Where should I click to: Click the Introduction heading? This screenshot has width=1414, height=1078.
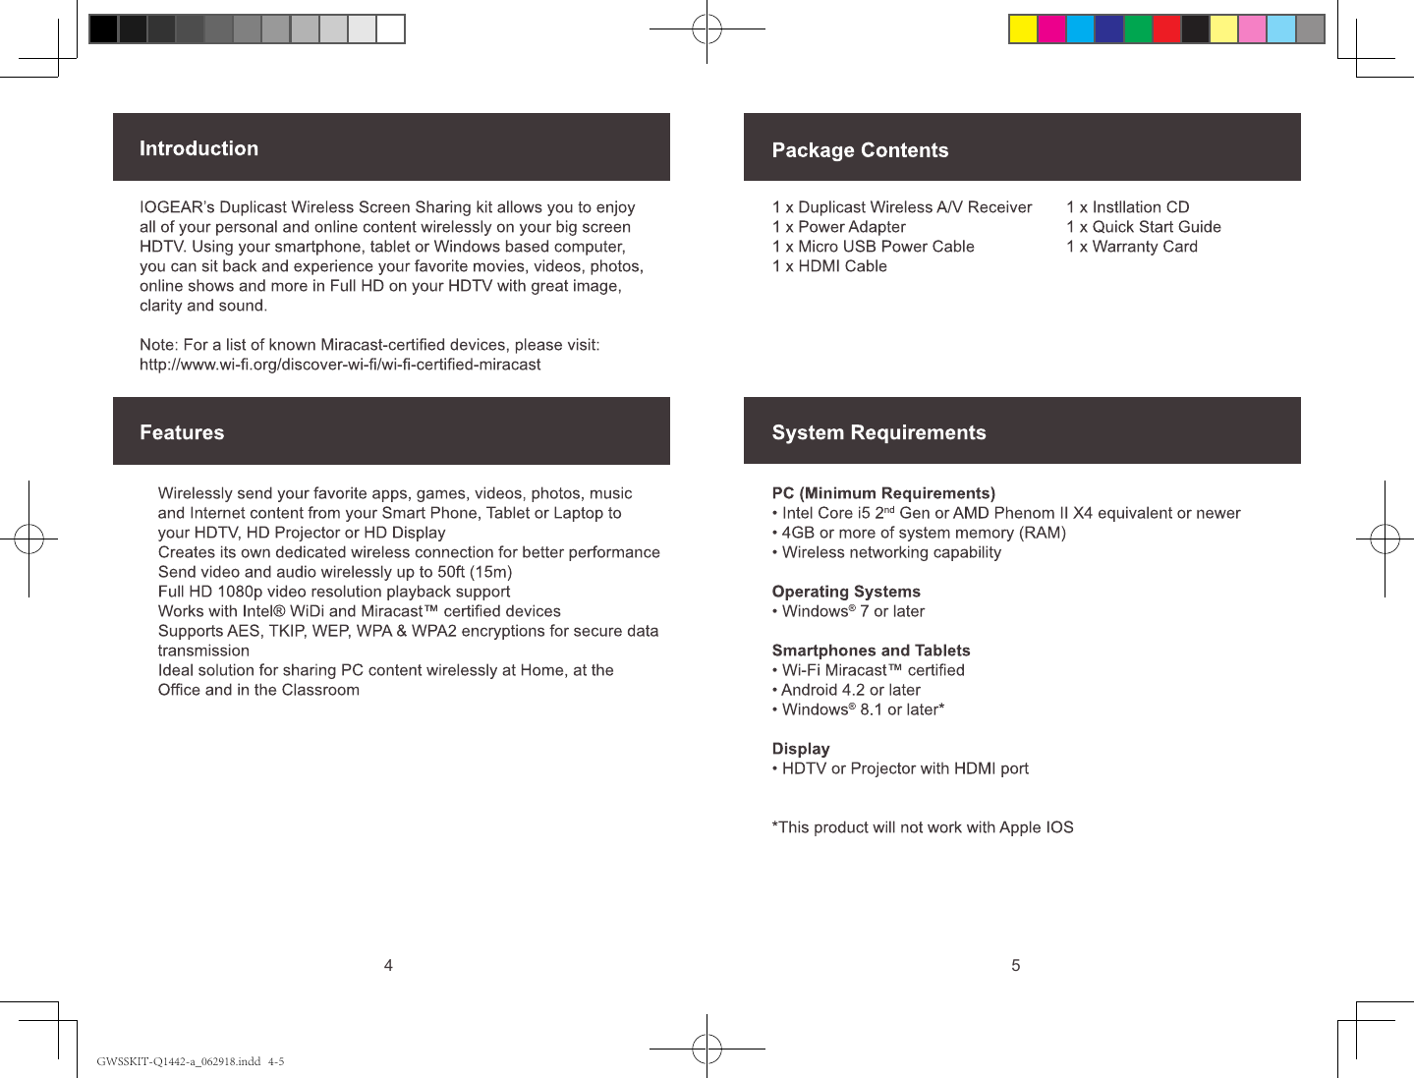(198, 148)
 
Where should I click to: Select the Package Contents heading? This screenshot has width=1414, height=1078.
(860, 150)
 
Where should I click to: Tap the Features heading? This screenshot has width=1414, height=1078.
(182, 432)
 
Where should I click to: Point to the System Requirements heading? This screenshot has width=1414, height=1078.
(878, 432)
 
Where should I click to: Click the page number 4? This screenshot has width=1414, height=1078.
(388, 965)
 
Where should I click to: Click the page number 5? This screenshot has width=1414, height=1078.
(1015, 965)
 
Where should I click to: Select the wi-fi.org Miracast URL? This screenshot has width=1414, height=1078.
(340, 365)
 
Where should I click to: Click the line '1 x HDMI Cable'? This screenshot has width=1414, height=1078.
(829, 266)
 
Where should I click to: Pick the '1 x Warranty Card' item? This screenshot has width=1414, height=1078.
(1132, 247)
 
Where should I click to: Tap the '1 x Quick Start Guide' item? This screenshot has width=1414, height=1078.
(1144, 227)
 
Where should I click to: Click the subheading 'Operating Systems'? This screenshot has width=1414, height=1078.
(846, 592)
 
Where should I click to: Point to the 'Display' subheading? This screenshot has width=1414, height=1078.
(801, 749)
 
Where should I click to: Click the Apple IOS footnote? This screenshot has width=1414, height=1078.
(923, 827)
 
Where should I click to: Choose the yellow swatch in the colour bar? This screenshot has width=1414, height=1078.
(1023, 29)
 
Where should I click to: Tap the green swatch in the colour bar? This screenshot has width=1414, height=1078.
(1138, 29)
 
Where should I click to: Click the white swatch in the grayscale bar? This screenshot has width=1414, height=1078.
(391, 29)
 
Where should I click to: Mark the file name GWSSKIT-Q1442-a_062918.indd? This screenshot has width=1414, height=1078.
(179, 1061)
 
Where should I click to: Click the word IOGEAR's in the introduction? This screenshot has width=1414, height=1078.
(177, 207)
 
